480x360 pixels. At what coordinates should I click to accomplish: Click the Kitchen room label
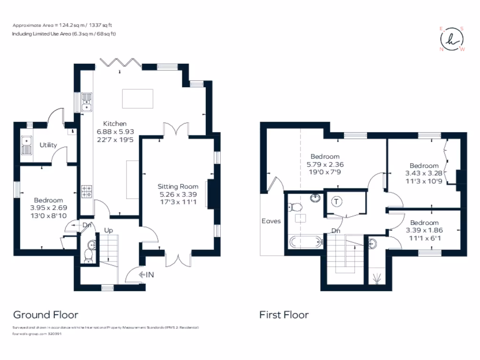(112, 124)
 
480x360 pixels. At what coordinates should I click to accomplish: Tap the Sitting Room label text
(178, 187)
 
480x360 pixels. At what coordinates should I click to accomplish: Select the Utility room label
(48, 145)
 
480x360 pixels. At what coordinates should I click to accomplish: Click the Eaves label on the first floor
(271, 220)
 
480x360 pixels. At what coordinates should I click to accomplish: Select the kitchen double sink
(87, 103)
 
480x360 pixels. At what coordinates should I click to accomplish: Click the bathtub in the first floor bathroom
(305, 242)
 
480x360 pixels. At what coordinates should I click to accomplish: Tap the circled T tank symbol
(336, 202)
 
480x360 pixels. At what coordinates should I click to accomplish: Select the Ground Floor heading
(45, 315)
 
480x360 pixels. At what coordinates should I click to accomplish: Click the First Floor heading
(284, 315)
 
